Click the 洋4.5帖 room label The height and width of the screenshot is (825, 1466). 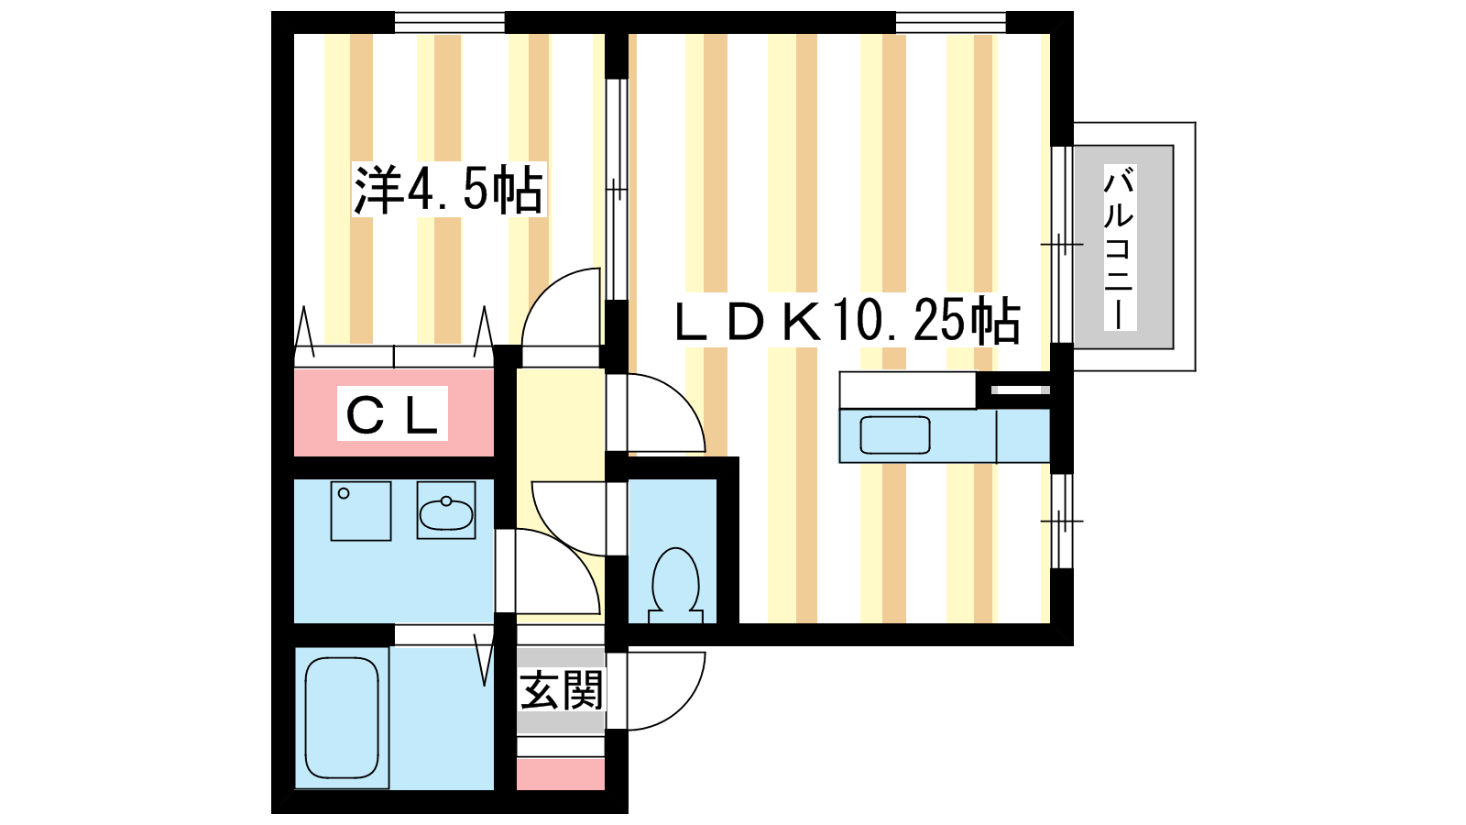(449, 190)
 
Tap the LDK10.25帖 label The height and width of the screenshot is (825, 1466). (847, 321)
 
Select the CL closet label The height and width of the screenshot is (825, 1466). (392, 414)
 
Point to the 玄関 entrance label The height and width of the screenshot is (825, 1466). (561, 689)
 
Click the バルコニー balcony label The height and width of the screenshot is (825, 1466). (1119, 247)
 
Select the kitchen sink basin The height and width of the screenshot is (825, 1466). (895, 434)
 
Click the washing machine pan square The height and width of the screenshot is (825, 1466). (360, 511)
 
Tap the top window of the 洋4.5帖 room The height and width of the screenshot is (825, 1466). (449, 21)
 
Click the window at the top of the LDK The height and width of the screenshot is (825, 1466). (949, 21)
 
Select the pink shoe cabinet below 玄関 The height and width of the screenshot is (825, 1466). (561, 774)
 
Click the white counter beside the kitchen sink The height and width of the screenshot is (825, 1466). (907, 390)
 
